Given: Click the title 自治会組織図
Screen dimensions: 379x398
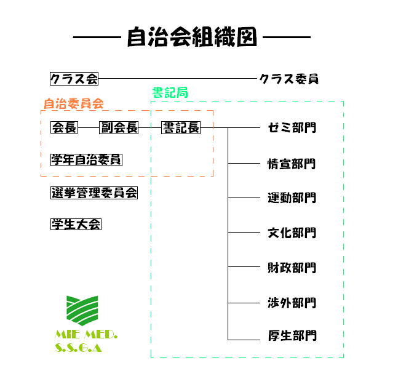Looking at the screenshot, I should [x=191, y=38].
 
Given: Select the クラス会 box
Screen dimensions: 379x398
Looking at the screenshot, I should [x=74, y=79].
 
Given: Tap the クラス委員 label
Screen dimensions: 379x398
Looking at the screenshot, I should [x=289, y=79].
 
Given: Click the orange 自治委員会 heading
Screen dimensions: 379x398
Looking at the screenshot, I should [x=73, y=103].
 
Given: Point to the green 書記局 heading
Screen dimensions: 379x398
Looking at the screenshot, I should [x=169, y=92].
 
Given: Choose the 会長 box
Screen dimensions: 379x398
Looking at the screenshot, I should [x=64, y=127].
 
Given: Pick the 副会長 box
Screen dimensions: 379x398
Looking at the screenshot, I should [x=119, y=127].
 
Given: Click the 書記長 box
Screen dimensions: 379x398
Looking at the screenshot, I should [x=181, y=127].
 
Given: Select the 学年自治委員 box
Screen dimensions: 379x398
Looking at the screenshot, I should [x=86, y=160].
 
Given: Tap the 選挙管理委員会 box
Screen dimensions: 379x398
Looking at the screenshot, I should [x=94, y=193].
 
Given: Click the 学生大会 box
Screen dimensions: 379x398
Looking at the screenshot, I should [x=76, y=224].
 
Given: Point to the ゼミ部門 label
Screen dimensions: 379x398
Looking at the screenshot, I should [x=292, y=128].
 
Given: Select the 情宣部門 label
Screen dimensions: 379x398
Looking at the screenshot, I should [x=292, y=164].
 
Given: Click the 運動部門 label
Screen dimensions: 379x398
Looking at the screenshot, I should [x=292, y=198].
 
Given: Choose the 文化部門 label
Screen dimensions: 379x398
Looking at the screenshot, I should [x=292, y=233].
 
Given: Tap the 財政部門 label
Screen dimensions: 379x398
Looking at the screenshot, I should [x=292, y=268].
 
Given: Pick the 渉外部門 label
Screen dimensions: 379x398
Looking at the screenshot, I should [x=292, y=303].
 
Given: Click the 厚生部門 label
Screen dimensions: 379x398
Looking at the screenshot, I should [x=292, y=336].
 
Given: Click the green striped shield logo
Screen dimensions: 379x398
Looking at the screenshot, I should [x=81, y=311].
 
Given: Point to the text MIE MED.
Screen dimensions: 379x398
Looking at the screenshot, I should [x=86, y=335].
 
